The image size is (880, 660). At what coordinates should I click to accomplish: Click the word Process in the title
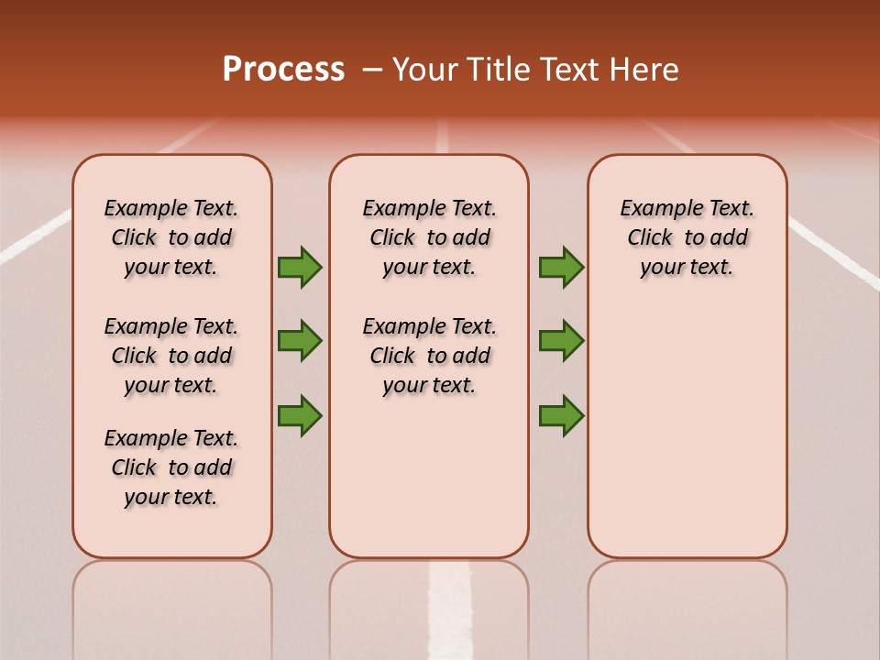tap(283, 70)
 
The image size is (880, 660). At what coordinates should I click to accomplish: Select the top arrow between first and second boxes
tap(300, 268)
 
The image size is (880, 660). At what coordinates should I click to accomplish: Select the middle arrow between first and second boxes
tap(300, 341)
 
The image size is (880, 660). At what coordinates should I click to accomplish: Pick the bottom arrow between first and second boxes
tap(300, 415)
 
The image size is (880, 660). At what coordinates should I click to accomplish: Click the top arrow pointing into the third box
tap(561, 268)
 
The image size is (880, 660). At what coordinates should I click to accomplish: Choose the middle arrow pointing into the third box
tap(561, 341)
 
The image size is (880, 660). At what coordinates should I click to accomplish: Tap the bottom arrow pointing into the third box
tap(561, 415)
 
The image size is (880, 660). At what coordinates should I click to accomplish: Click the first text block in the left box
tap(171, 237)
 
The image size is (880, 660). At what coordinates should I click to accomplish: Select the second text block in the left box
tap(171, 356)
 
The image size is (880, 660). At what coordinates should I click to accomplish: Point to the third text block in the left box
tap(171, 467)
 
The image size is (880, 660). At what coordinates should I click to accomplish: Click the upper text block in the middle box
tap(430, 237)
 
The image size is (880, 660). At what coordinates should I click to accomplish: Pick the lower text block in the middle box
tap(430, 356)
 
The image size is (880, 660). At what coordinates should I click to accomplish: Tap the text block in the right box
tap(687, 237)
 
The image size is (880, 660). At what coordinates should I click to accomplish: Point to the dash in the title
tap(372, 70)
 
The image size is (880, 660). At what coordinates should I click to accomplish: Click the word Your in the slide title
tap(425, 70)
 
